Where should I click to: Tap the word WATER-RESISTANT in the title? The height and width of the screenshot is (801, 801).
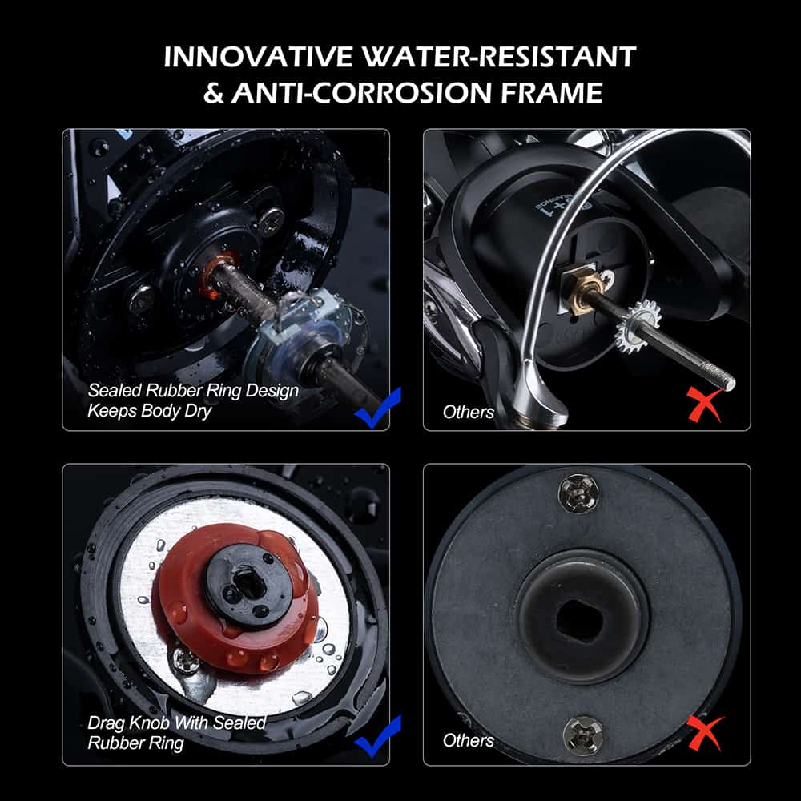pos(499,57)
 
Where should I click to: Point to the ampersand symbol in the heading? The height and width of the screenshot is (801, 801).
pos(213,93)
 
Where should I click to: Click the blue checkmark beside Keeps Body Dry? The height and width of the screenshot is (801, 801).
pos(378,408)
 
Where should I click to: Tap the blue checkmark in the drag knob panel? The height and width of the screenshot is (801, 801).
pos(378,737)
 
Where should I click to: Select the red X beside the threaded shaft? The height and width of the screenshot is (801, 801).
pos(705,404)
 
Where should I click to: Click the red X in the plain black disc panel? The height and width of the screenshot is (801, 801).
pos(705,733)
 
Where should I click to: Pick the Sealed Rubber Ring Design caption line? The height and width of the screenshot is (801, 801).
pos(193,391)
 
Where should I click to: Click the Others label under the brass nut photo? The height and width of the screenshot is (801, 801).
pos(468,412)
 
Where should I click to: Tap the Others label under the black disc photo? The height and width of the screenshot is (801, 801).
pos(468,740)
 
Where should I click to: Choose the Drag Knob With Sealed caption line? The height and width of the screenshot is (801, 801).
pos(177,723)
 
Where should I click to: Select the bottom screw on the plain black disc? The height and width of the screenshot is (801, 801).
pos(582,735)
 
